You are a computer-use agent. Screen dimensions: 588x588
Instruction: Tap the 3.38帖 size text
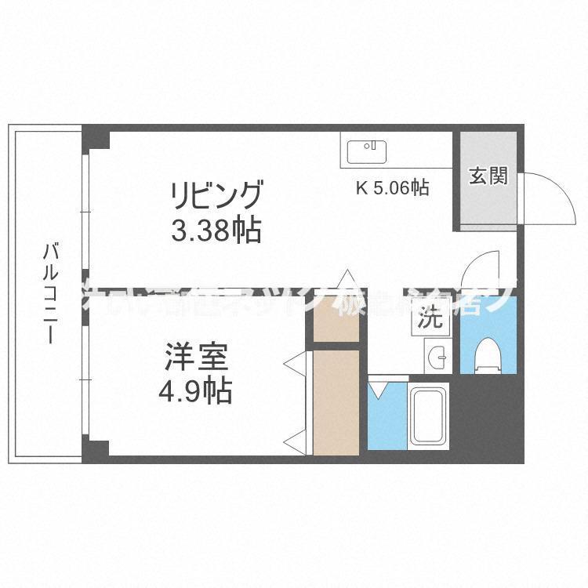coord(216,230)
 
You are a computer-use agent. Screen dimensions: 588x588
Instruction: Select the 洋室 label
coord(196,357)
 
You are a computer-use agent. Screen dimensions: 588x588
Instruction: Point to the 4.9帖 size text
coord(196,390)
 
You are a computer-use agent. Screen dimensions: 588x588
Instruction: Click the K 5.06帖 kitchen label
coord(393,188)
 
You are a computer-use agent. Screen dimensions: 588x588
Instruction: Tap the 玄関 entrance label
coord(488,176)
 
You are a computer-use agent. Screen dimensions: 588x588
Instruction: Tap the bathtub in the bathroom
coord(428,419)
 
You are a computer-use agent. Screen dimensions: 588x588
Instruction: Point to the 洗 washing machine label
coord(428,319)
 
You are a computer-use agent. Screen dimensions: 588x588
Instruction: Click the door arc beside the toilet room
coord(480,270)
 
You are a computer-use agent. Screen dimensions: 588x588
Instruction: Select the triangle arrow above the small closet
coord(346,278)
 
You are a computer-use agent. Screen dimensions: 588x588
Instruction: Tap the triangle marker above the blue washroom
coord(379,388)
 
